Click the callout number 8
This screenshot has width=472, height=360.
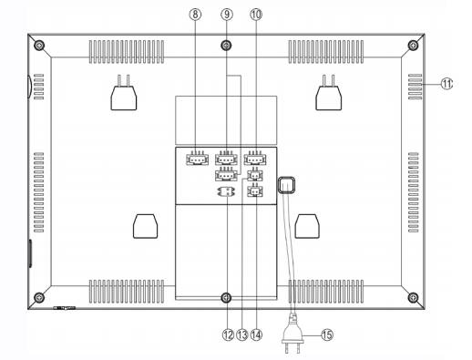(195, 15)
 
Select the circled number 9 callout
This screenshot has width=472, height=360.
(227, 15)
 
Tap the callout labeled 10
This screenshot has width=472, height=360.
(256, 15)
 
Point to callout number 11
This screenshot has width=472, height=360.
(446, 84)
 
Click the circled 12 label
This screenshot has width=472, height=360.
(228, 334)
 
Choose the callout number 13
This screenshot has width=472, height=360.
(242, 334)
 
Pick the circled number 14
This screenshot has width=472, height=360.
(256, 334)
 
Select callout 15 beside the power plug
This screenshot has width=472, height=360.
(327, 334)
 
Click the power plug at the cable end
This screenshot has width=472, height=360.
(292, 336)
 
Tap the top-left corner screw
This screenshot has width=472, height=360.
(39, 46)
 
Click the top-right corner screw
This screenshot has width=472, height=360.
(413, 46)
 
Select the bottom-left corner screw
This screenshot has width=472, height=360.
(39, 297)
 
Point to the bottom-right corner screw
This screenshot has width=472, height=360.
(413, 297)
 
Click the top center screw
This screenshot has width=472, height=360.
(226, 46)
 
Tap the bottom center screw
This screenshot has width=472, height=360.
(226, 297)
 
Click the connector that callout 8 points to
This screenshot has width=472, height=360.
(197, 159)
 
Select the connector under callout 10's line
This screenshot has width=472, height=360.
(255, 159)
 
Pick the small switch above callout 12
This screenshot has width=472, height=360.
(227, 191)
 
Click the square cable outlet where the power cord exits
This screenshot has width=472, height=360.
(286, 185)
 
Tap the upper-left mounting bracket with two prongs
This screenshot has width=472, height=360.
(123, 93)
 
